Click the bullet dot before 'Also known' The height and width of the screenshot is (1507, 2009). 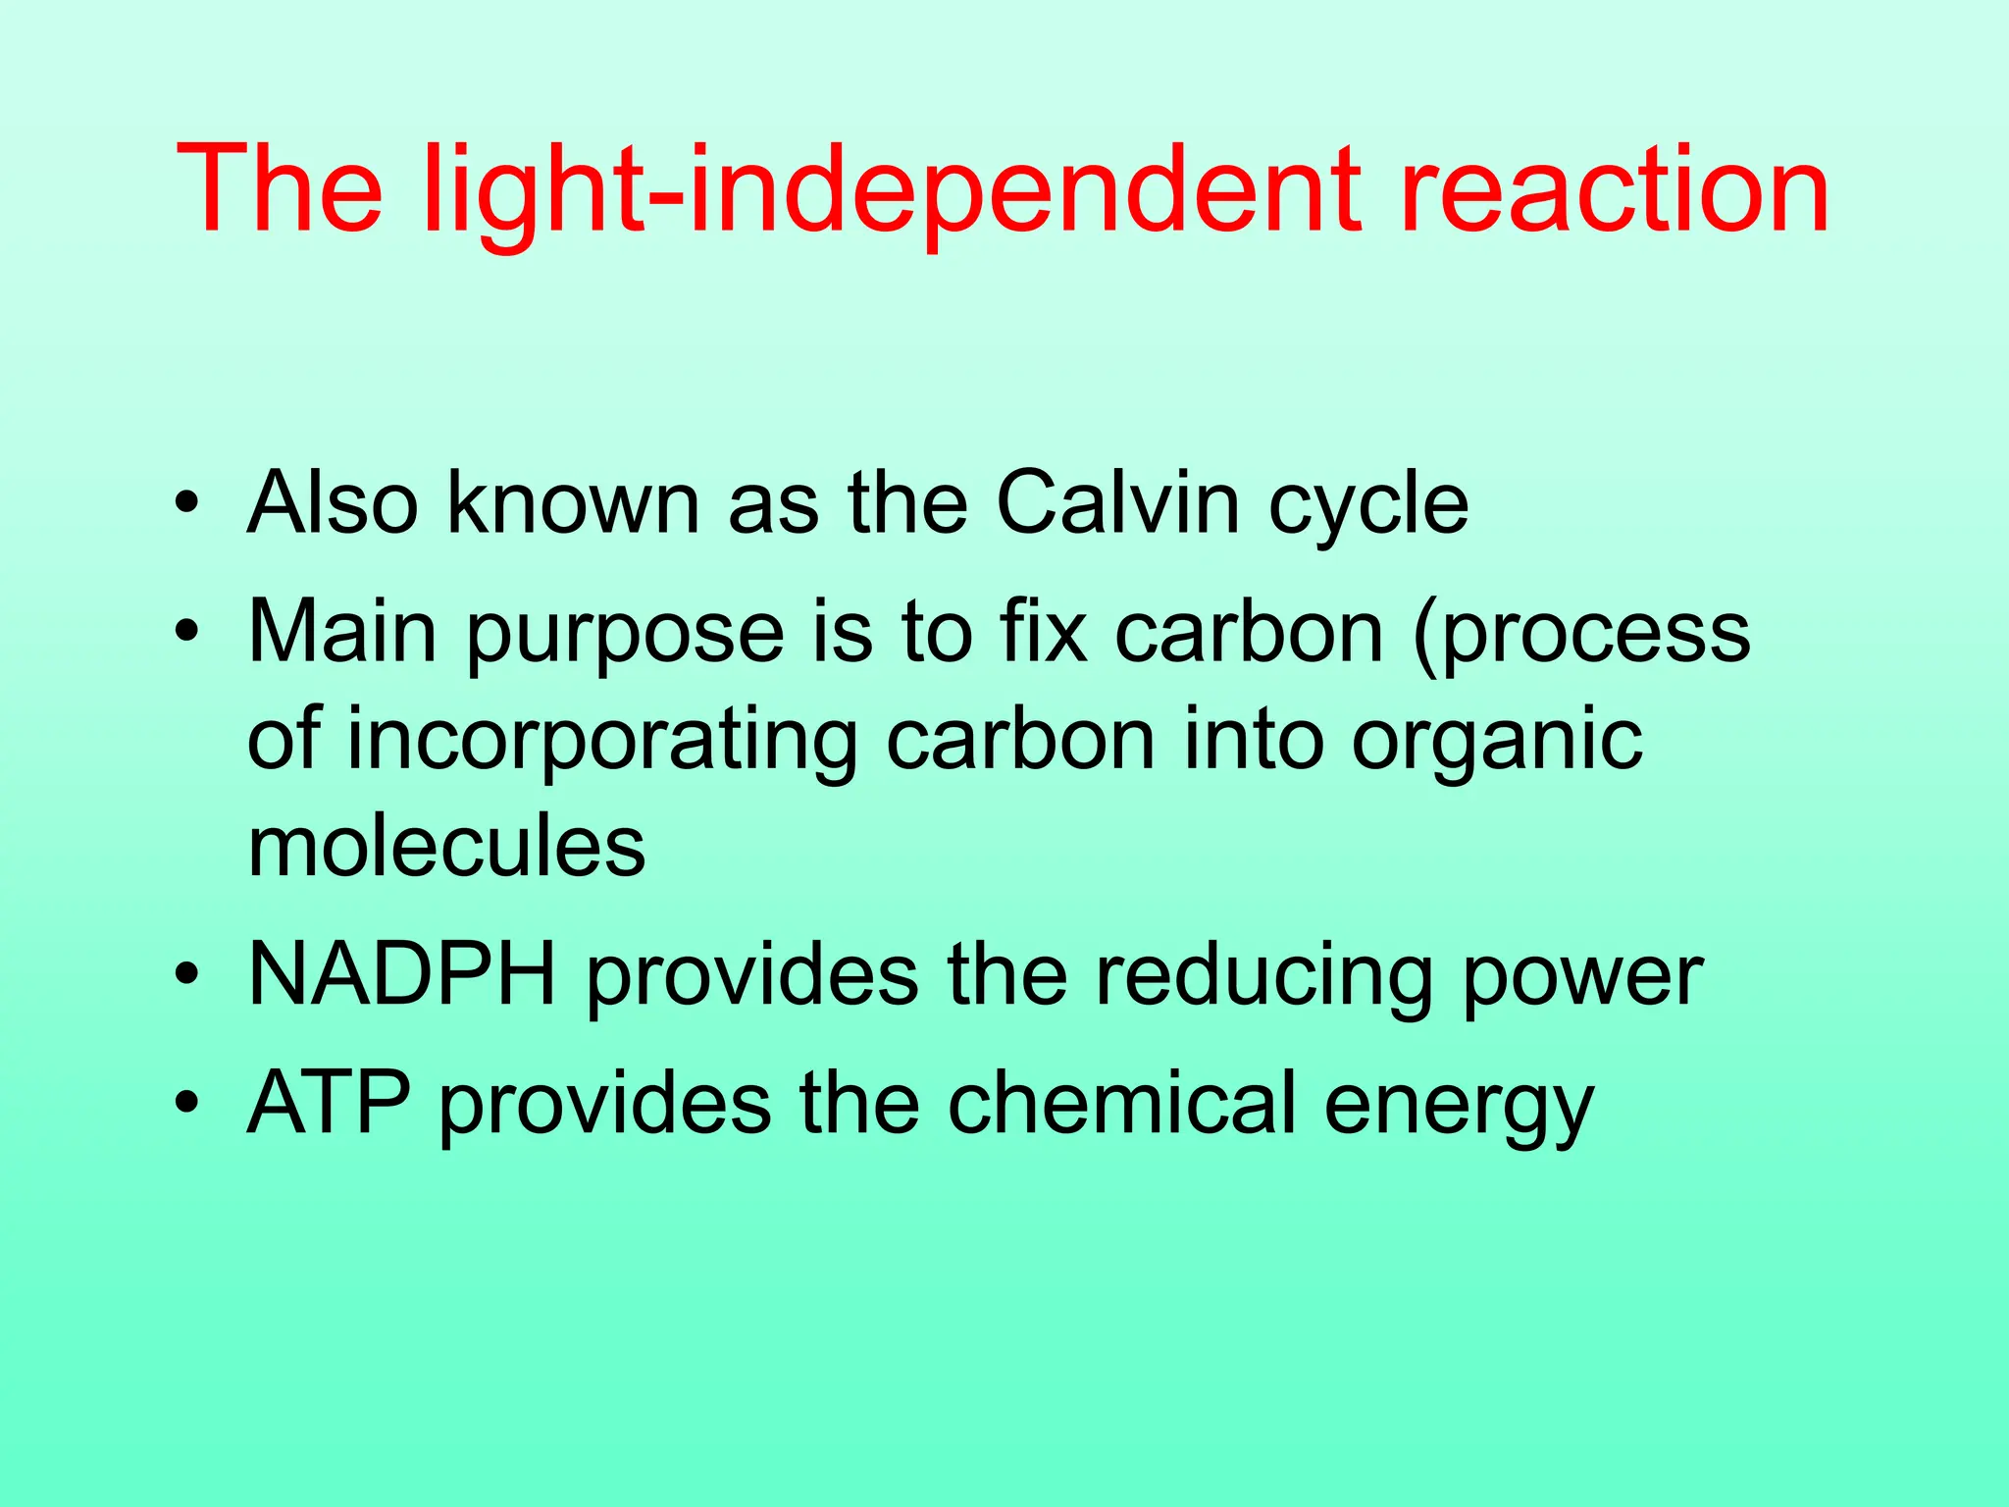[x=186, y=505]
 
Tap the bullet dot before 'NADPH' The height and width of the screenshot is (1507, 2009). [x=186, y=976]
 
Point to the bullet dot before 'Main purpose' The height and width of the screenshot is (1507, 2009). [x=186, y=633]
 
